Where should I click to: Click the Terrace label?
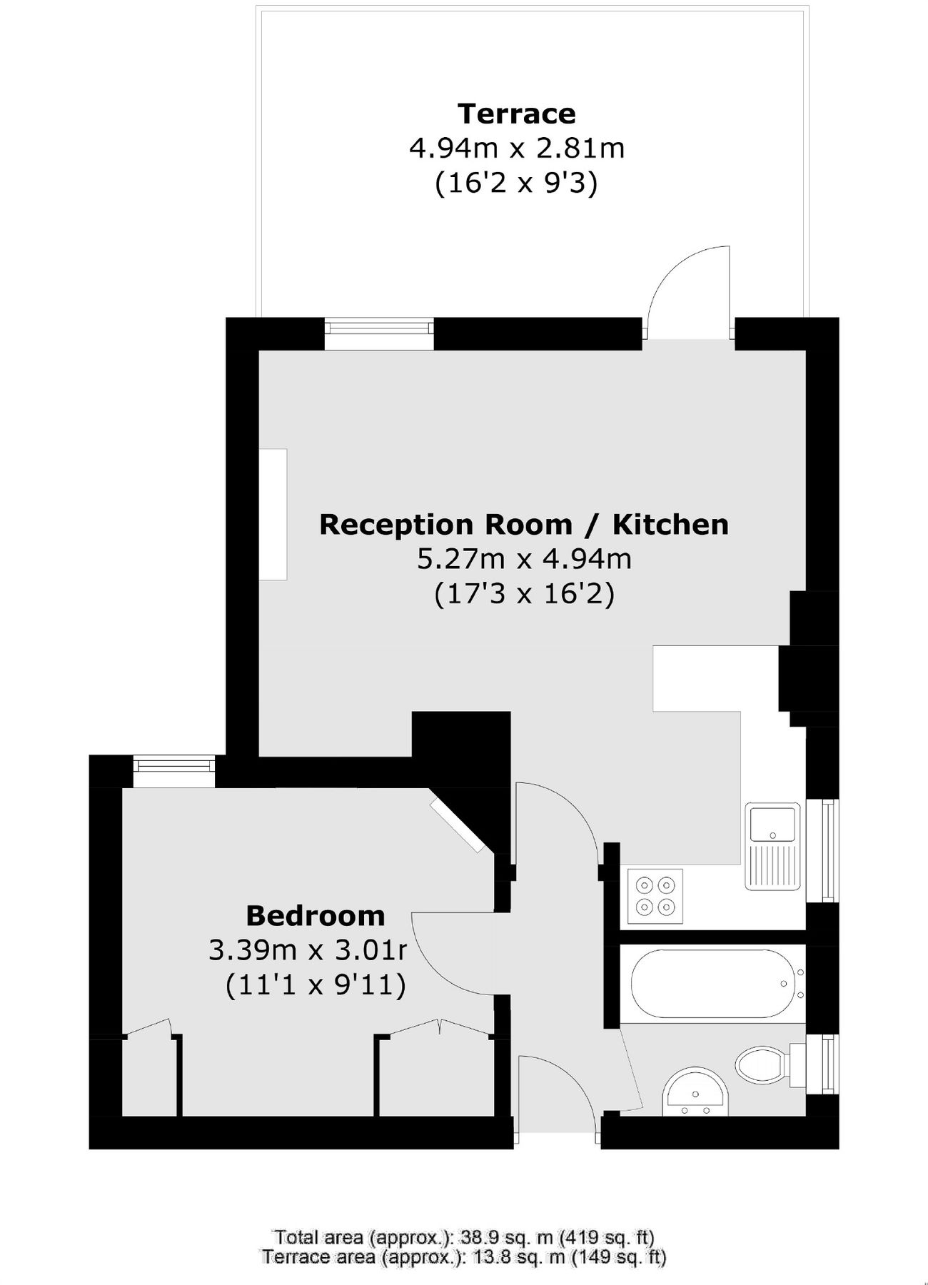tap(516, 114)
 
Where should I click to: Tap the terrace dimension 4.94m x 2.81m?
tap(516, 148)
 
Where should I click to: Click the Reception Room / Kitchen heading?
tap(524, 525)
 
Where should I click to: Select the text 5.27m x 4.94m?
tap(524, 558)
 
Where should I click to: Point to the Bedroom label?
tap(315, 915)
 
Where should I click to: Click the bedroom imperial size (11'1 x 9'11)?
tap(316, 986)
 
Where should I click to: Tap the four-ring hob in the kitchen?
tap(655, 896)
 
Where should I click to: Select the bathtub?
tap(711, 983)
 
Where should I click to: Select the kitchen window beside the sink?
tap(828, 850)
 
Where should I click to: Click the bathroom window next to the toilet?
tap(828, 1064)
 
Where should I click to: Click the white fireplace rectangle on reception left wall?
tap(273, 514)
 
